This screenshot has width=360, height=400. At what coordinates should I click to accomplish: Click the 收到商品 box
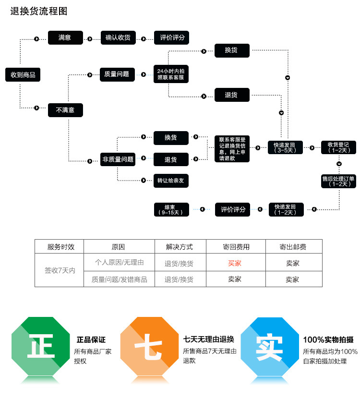tap(23, 74)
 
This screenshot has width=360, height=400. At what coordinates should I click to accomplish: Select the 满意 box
tap(65, 37)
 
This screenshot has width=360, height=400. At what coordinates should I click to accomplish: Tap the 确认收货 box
tap(118, 37)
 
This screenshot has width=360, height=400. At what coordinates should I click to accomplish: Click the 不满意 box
tap(65, 110)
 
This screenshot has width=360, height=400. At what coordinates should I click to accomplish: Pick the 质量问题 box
tap(117, 74)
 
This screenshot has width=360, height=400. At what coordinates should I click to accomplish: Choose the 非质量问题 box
tap(118, 159)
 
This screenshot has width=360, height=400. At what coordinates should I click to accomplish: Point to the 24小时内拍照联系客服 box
tap(170, 74)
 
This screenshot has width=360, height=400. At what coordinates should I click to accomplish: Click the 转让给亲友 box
tap(171, 181)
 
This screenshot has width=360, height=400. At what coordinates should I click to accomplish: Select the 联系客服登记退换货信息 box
tap(232, 148)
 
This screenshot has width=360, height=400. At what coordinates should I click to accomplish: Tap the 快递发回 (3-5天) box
tap(286, 147)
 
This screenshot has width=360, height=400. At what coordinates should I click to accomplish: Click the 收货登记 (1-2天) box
tap(339, 147)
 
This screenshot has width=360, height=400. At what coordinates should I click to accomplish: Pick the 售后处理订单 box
tap(339, 181)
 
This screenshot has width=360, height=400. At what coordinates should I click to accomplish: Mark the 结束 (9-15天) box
tap(171, 209)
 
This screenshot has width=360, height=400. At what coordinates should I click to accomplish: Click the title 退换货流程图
tap(39, 12)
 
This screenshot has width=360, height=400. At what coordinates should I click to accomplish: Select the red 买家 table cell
tap(235, 263)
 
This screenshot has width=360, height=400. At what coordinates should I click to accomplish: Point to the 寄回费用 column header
tap(236, 247)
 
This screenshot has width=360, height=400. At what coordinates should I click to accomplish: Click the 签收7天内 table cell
tap(60, 270)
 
